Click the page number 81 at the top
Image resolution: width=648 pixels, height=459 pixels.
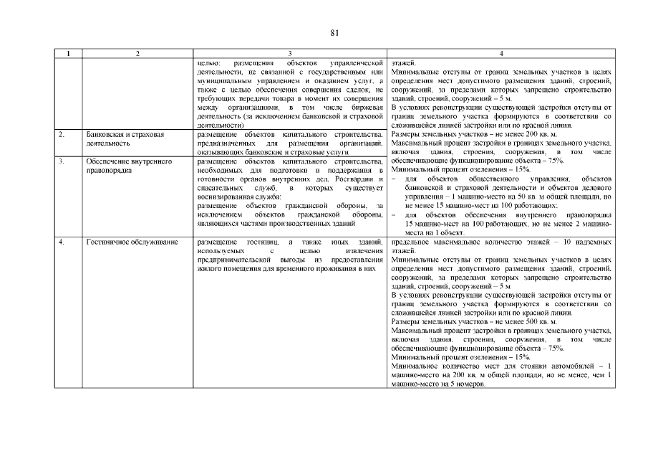334,33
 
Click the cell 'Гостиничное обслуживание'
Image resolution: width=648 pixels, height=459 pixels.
132,242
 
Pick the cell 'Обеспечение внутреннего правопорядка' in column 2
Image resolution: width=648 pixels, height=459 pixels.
129,166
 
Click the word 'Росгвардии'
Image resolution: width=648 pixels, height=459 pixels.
352,179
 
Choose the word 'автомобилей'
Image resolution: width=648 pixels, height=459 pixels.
569,366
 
